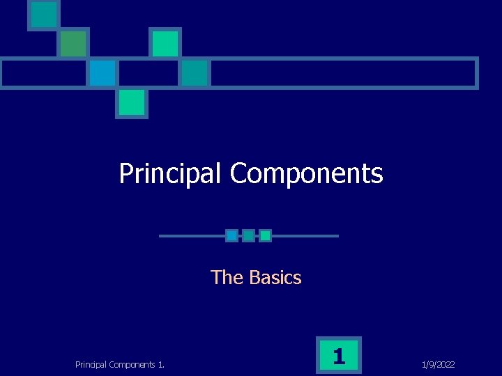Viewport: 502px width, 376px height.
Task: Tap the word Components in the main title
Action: pyautogui.click(x=306, y=173)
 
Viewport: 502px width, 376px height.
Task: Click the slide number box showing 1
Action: pyautogui.click(x=339, y=357)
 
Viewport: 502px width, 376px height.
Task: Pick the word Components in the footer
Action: pyautogui.click(x=135, y=364)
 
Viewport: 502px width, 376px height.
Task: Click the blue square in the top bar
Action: pyautogui.click(x=102, y=73)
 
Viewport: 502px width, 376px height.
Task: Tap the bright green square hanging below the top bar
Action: pyautogui.click(x=131, y=102)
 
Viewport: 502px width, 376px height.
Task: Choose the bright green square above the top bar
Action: pyautogui.click(x=165, y=43)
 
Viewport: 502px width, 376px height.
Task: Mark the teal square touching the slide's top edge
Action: pyautogui.click(x=44, y=14)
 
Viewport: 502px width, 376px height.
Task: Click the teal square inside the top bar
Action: pyautogui.click(x=195, y=73)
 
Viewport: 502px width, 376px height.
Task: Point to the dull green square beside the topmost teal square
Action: pyautogui.click(x=73, y=43)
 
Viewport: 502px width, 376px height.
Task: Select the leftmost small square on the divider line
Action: pyautogui.click(x=231, y=236)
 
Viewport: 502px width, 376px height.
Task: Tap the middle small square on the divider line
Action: pyautogui.click(x=248, y=236)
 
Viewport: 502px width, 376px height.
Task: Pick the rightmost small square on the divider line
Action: pyautogui.click(x=265, y=236)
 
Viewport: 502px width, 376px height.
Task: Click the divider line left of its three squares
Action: pyautogui.click(x=192, y=236)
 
